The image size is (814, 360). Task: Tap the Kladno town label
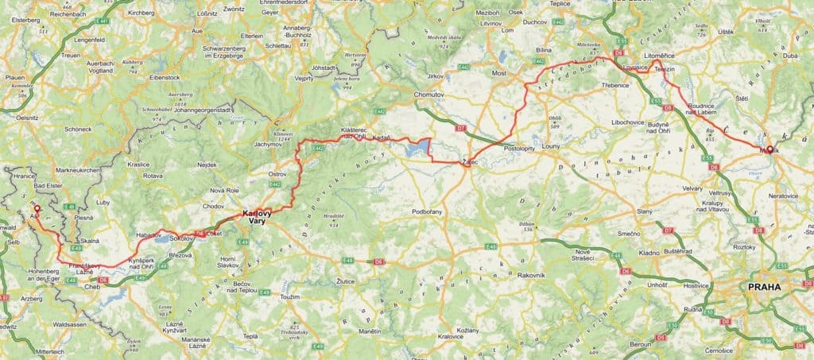pos(648,253)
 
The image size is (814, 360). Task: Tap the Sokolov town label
pos(182,238)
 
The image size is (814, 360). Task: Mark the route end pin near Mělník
pos(769,137)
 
